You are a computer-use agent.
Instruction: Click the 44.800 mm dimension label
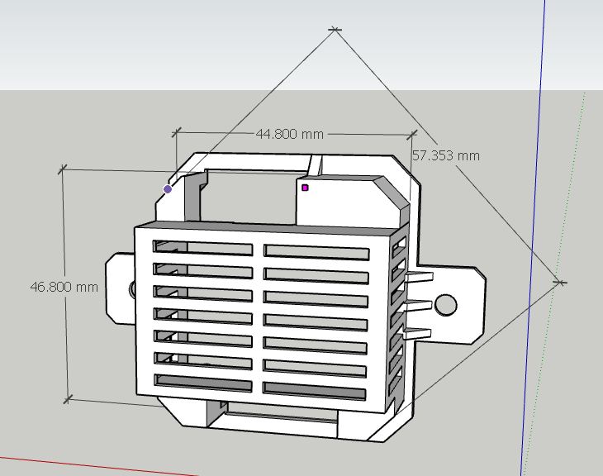click(288, 134)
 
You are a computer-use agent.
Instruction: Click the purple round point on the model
click(169, 189)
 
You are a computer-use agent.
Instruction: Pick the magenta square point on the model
click(305, 188)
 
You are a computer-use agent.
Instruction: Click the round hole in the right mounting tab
click(446, 305)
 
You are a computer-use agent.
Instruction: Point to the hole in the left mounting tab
click(133, 288)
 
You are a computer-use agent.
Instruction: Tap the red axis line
click(99, 464)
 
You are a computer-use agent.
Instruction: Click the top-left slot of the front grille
click(203, 248)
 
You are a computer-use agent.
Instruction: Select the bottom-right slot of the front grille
click(315, 388)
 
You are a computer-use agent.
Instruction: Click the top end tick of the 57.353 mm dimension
click(335, 31)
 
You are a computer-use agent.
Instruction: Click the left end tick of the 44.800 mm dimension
click(176, 131)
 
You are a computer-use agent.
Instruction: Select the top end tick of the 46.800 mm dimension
click(62, 169)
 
